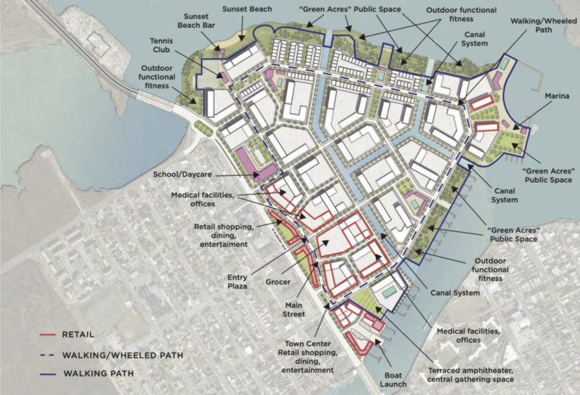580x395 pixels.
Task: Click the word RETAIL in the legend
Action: (79, 335)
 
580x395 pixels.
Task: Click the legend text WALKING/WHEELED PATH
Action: (123, 354)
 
